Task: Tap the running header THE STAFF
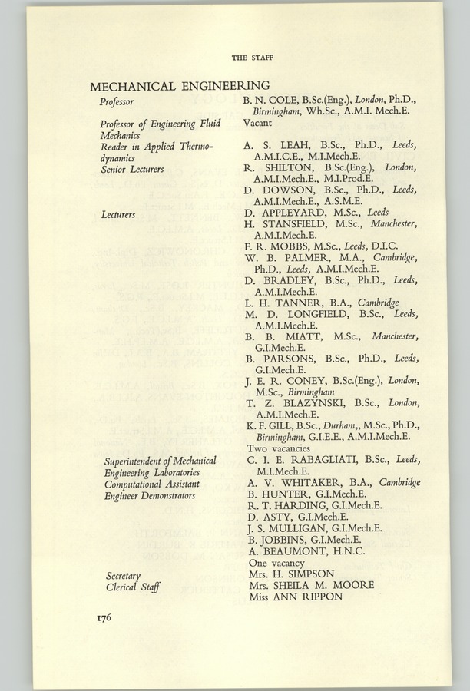[253, 58]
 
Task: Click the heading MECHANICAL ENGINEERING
[180, 86]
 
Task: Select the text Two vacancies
[278, 448]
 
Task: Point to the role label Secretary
[126, 574]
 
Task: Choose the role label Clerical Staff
[132, 586]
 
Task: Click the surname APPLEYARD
[303, 213]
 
